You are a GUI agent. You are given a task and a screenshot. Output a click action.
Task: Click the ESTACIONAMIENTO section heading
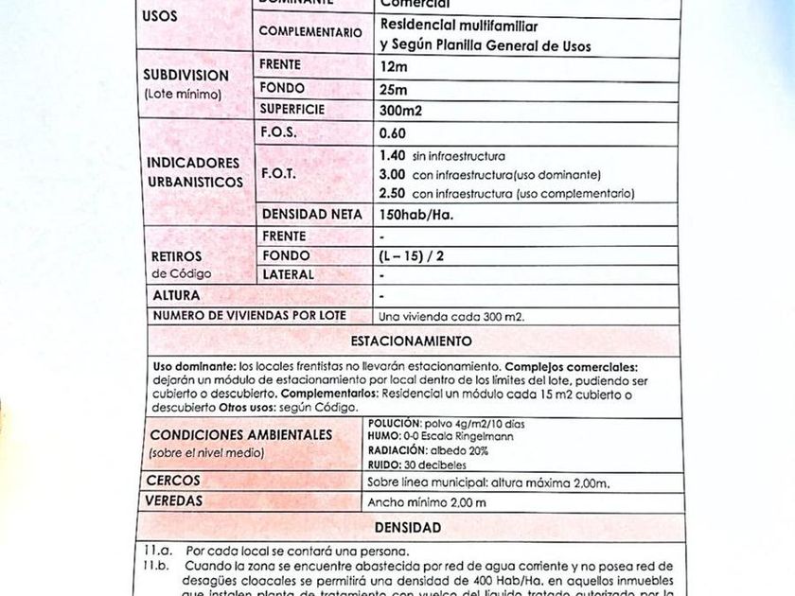click(411, 341)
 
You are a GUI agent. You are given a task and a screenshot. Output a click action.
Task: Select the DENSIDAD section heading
click(407, 527)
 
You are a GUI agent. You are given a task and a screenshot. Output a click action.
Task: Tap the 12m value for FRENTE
click(393, 66)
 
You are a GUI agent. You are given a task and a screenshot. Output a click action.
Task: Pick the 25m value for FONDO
click(393, 89)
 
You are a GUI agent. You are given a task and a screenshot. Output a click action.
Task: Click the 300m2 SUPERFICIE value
click(400, 111)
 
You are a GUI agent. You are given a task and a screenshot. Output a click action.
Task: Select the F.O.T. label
click(278, 174)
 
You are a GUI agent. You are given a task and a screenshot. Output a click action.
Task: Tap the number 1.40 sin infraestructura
click(391, 155)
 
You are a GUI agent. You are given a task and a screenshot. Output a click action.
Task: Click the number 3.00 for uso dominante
click(391, 175)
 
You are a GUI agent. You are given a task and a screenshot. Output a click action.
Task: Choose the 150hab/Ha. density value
click(415, 215)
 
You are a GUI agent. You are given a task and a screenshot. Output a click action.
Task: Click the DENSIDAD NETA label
click(311, 215)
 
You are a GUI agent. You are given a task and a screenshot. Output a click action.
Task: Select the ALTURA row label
click(176, 296)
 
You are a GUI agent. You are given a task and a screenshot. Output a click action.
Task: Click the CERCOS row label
click(172, 482)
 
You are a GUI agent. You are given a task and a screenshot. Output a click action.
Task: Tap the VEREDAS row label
click(176, 501)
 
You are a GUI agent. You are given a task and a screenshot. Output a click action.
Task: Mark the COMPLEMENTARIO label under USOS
click(310, 32)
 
